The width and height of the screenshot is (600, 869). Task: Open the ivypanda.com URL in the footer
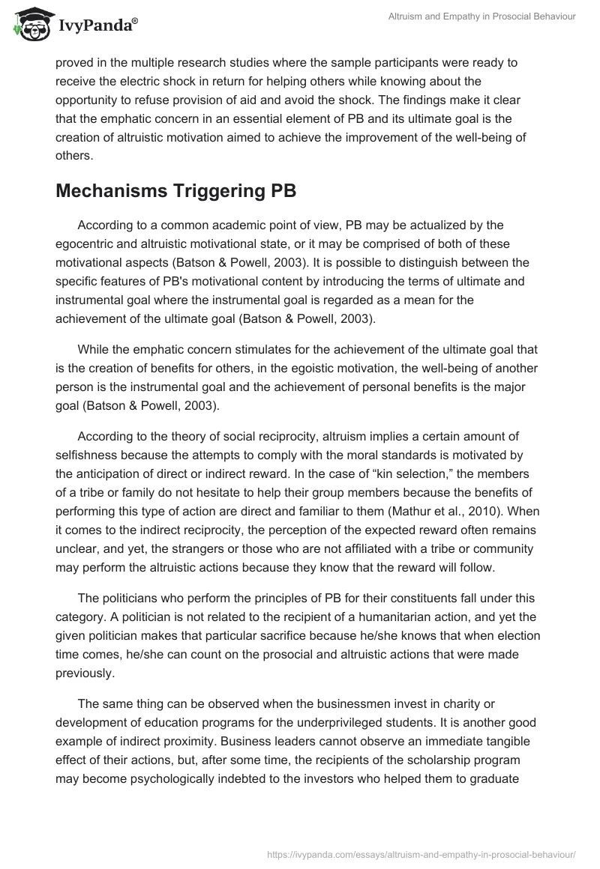421,853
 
